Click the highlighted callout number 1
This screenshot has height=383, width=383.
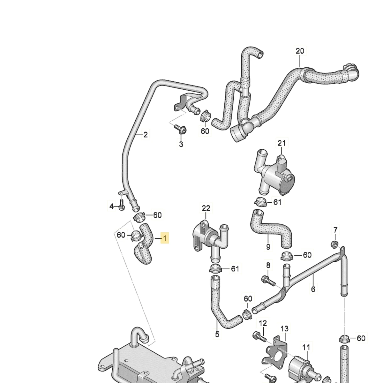point(165,238)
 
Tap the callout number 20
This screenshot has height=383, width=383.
point(300,51)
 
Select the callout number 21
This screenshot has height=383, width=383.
point(281,143)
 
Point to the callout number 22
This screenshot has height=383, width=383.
point(206,208)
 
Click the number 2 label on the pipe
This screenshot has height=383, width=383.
point(145,135)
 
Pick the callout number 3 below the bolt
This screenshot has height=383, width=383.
point(181,144)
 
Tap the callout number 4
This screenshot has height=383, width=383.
point(111,207)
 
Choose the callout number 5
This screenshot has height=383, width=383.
point(217,334)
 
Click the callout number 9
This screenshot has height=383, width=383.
point(268,247)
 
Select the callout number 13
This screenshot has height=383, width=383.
point(284,328)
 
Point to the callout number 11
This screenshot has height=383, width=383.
point(306,347)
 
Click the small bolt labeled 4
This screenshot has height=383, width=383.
point(122,205)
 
